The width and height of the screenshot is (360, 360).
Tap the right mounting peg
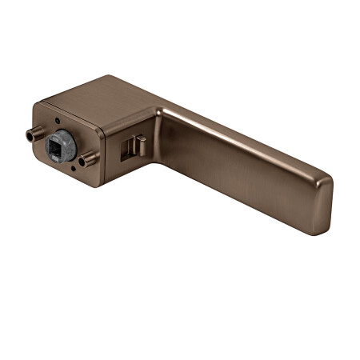click(87, 160)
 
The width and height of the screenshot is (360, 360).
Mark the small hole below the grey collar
click(73, 170)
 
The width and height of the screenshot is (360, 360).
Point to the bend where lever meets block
click(160, 120)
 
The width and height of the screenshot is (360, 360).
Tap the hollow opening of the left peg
click(29, 135)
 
